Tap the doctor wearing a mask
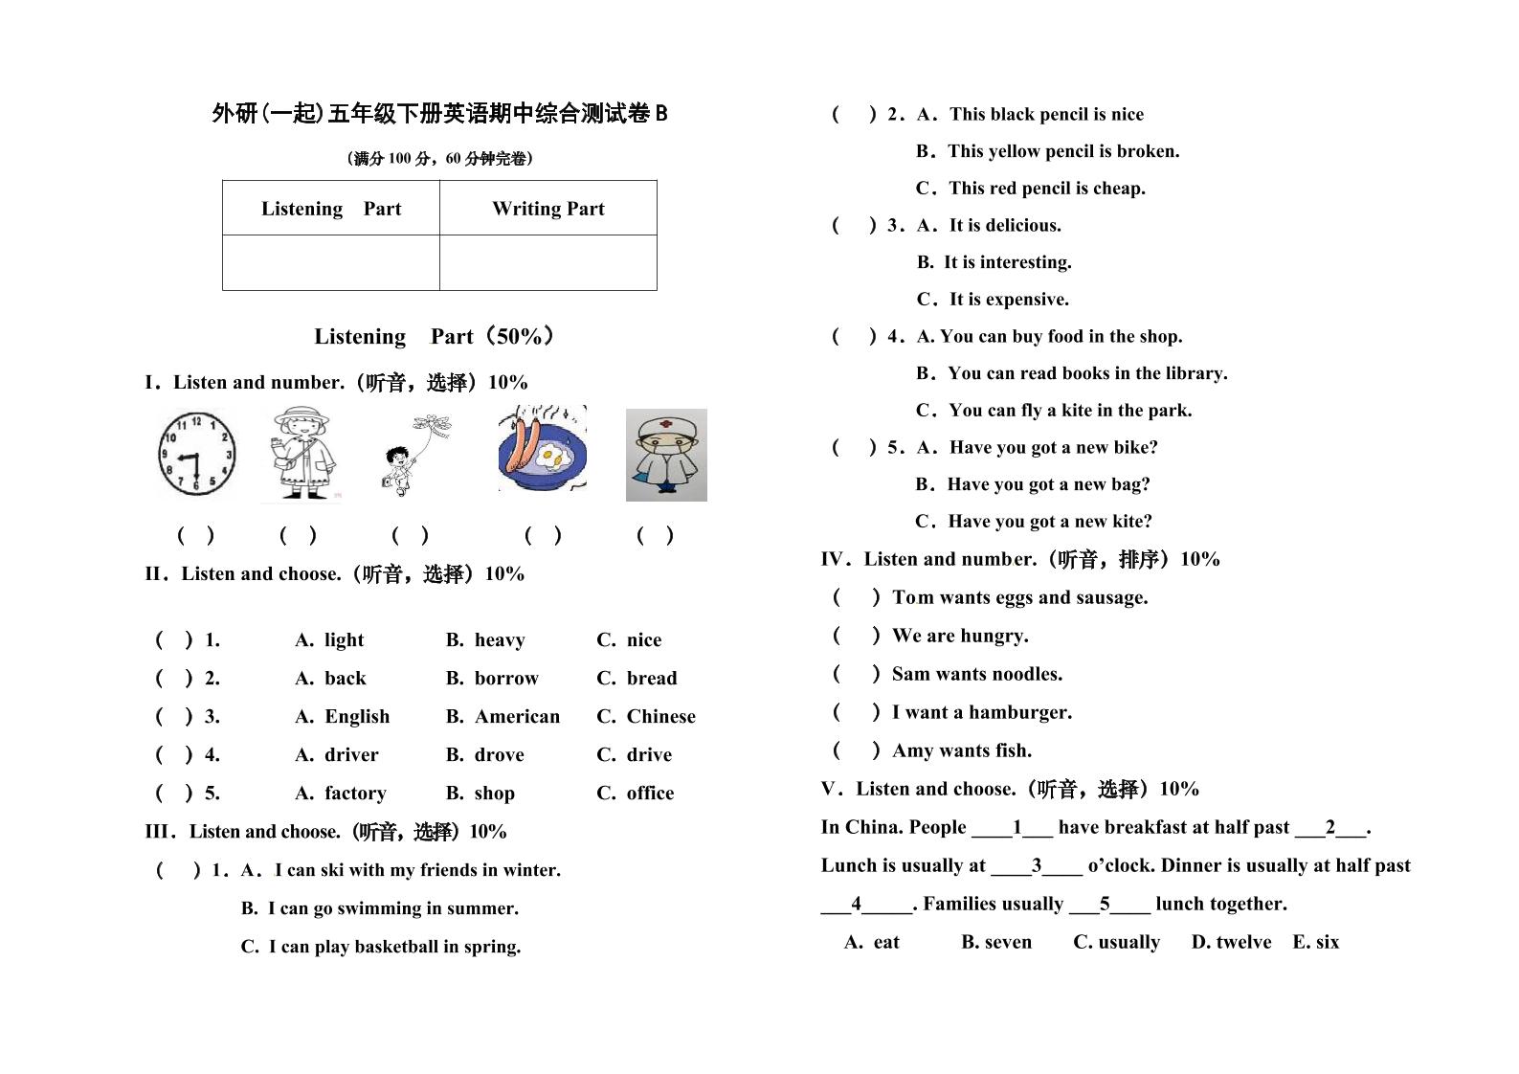pyautogui.click(x=666, y=455)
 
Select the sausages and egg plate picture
pyautogui.click(x=542, y=449)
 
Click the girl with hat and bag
pyautogui.click(x=301, y=453)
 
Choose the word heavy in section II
pyautogui.click(x=499, y=639)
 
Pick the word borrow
pyautogui.click(x=505, y=678)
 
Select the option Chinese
pyautogui.click(x=660, y=716)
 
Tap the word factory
pyautogui.click(x=355, y=793)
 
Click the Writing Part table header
pyautogui.click(x=547, y=209)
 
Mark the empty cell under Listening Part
pyautogui.click(x=330, y=262)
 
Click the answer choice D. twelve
pyautogui.click(x=1231, y=942)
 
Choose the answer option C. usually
pyautogui.click(x=1116, y=942)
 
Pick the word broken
pyautogui.click(x=1148, y=151)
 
